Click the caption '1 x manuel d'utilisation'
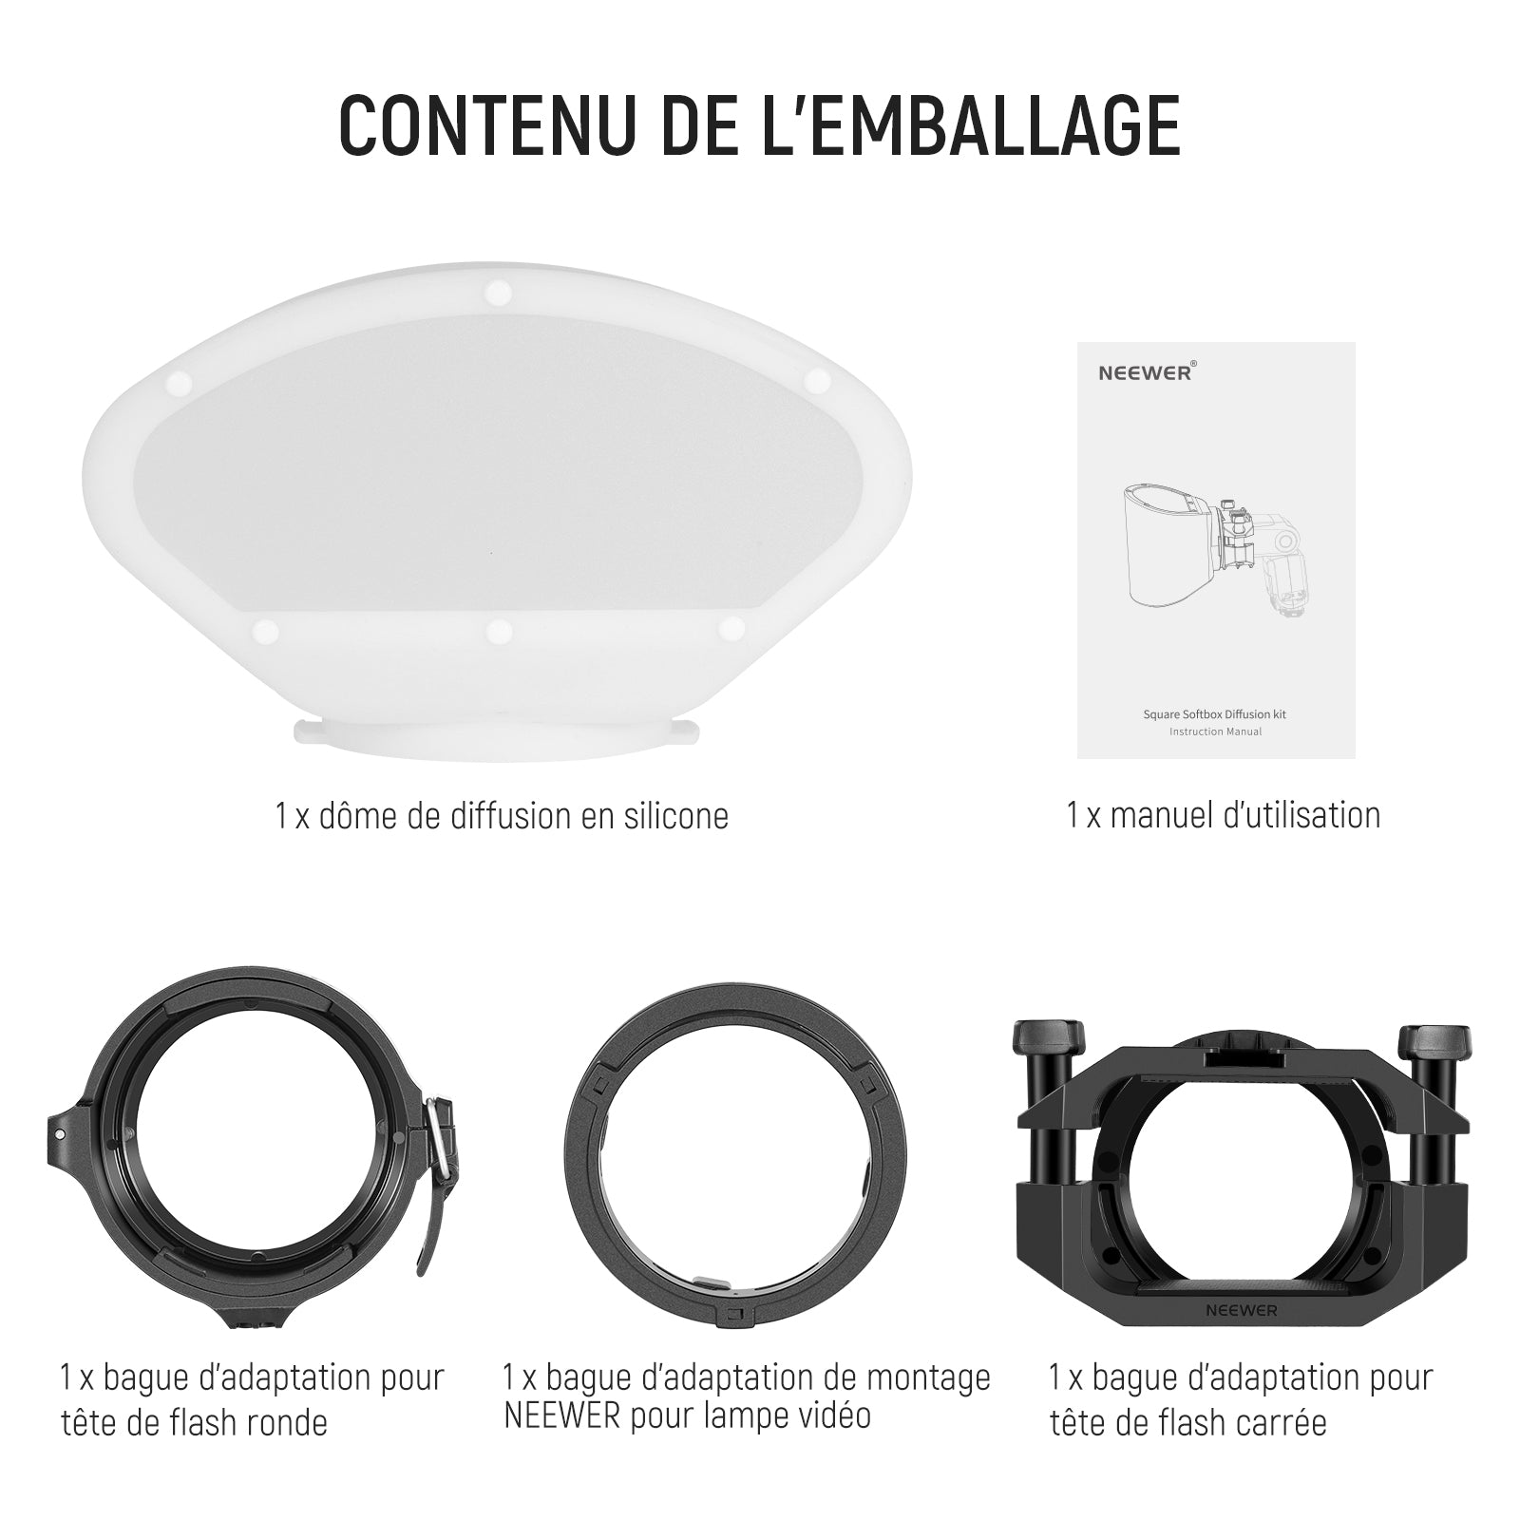click(x=1224, y=815)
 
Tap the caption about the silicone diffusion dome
click(x=503, y=816)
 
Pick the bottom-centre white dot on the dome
click(x=498, y=631)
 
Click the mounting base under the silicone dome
click(x=498, y=737)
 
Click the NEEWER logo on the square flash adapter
click(x=1242, y=1310)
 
